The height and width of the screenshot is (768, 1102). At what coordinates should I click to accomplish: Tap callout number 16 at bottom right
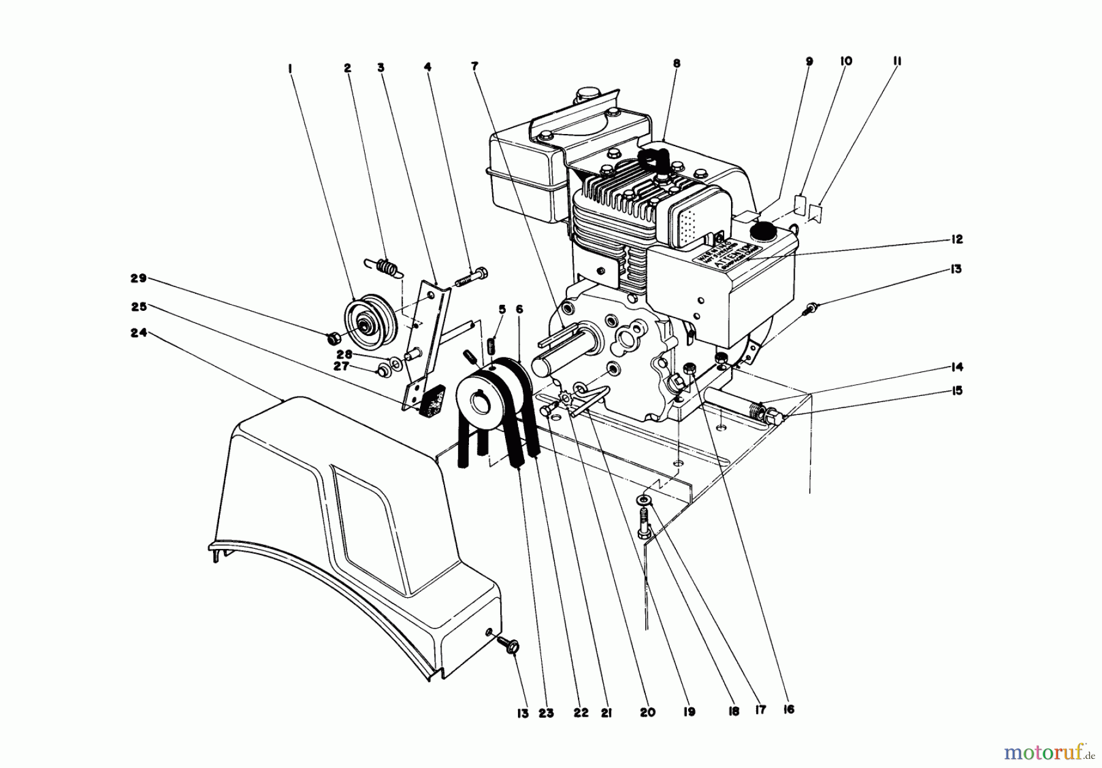(789, 709)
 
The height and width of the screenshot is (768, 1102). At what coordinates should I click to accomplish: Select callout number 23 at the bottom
(546, 713)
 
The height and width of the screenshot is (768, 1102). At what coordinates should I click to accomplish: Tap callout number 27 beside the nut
(341, 366)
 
